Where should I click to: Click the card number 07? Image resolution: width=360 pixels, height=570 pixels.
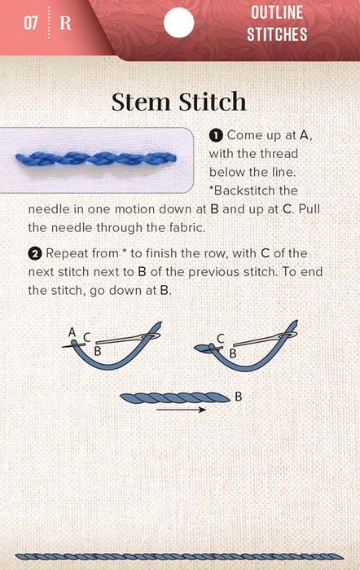click(31, 23)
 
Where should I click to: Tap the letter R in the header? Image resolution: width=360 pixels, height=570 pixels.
click(65, 24)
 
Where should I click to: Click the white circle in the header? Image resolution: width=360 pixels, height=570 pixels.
click(178, 23)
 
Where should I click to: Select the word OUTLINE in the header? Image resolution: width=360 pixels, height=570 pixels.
click(277, 13)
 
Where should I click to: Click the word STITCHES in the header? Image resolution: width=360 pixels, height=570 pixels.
click(277, 34)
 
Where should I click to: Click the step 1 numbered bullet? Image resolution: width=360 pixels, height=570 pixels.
click(216, 136)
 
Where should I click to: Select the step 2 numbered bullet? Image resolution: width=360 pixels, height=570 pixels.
click(34, 253)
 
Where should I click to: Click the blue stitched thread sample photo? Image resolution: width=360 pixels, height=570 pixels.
click(95, 159)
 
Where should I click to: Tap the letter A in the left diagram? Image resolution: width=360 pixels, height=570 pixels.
click(72, 332)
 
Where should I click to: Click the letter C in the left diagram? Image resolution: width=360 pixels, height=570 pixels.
click(86, 338)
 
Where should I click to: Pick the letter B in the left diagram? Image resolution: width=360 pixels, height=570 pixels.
click(98, 351)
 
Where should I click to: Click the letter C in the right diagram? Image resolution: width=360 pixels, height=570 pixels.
click(221, 339)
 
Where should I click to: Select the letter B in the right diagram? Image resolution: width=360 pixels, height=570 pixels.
click(233, 353)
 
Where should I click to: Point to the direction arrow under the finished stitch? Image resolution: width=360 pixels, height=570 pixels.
click(181, 410)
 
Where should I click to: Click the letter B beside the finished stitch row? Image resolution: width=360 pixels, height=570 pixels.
click(239, 397)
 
